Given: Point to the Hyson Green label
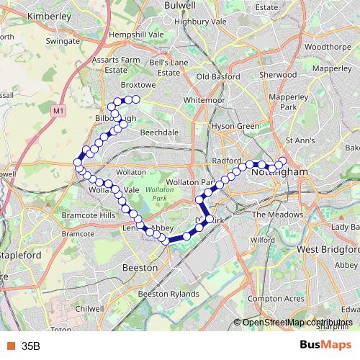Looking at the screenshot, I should (x=234, y=126).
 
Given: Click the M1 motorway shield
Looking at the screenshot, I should (x=58, y=110).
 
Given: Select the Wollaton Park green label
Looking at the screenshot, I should (x=155, y=192).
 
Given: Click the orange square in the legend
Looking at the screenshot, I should (x=10, y=346).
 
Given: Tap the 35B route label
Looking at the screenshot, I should (x=31, y=346).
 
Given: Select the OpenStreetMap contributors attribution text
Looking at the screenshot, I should (x=297, y=323).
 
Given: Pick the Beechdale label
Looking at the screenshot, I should (x=160, y=133).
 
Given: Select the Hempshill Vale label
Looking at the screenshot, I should (x=136, y=34).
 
